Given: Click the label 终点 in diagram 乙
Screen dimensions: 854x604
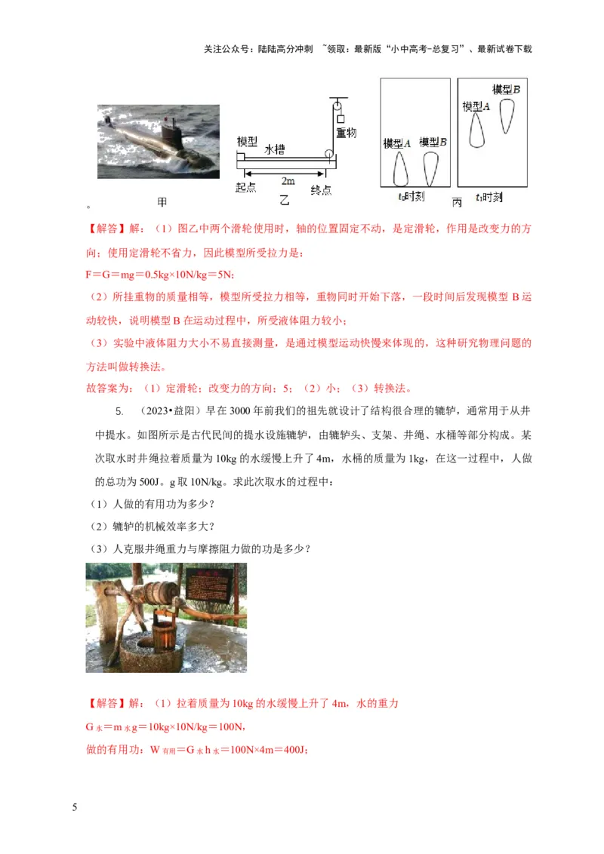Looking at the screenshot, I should [322, 191].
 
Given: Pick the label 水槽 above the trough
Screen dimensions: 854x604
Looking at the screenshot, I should [274, 150].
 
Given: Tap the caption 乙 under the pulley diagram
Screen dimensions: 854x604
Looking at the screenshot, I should [284, 200].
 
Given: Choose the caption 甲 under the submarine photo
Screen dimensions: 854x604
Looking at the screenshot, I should [162, 202].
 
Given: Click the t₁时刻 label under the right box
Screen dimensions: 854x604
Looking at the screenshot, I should [490, 197].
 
